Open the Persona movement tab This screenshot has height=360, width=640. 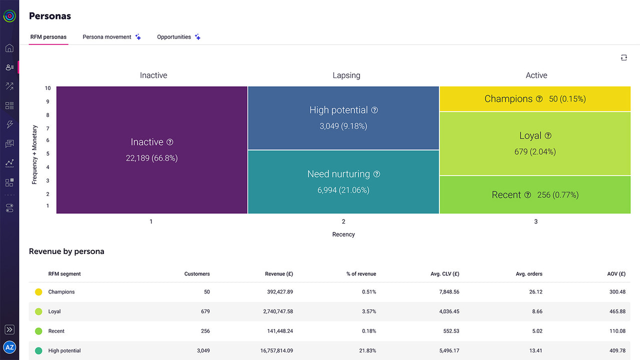pyautogui.click(x=107, y=37)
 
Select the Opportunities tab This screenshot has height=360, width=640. pyautogui.click(x=174, y=37)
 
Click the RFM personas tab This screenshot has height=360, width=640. pyautogui.click(x=48, y=37)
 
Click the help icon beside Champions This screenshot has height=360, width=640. pyautogui.click(x=539, y=99)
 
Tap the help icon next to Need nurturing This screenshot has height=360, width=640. pyautogui.click(x=377, y=174)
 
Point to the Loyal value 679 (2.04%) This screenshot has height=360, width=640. pyautogui.click(x=535, y=151)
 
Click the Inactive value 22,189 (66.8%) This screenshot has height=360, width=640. pyautogui.click(x=151, y=158)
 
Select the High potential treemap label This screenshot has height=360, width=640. pyautogui.click(x=338, y=110)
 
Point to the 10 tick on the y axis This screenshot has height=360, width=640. pyautogui.click(x=47, y=88)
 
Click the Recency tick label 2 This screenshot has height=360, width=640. pyautogui.click(x=343, y=221)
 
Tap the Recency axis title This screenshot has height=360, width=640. pyautogui.click(x=343, y=234)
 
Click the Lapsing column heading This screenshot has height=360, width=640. pyautogui.click(x=346, y=75)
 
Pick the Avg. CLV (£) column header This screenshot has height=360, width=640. pyautogui.click(x=445, y=274)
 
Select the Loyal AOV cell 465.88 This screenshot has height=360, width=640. pyautogui.click(x=617, y=311)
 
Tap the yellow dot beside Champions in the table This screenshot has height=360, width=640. pyautogui.click(x=38, y=292)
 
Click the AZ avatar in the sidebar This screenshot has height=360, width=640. pyautogui.click(x=9, y=347)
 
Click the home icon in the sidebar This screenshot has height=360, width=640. pyautogui.click(x=9, y=48)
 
